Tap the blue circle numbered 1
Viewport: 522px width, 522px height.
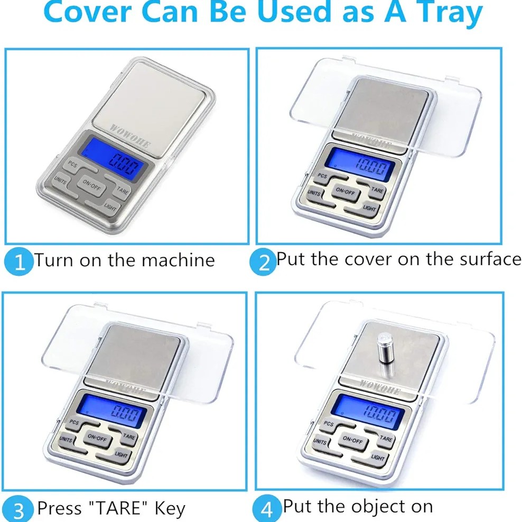tap(19, 262)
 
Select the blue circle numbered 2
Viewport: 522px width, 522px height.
tap(263, 262)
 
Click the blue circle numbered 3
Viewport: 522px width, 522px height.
tap(19, 509)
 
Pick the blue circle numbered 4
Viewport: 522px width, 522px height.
tap(266, 509)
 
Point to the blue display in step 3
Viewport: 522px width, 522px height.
tap(113, 411)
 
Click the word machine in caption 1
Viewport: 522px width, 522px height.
tap(178, 260)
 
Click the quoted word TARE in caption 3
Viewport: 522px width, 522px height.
tap(118, 508)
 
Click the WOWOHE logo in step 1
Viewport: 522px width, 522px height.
tap(130, 136)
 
